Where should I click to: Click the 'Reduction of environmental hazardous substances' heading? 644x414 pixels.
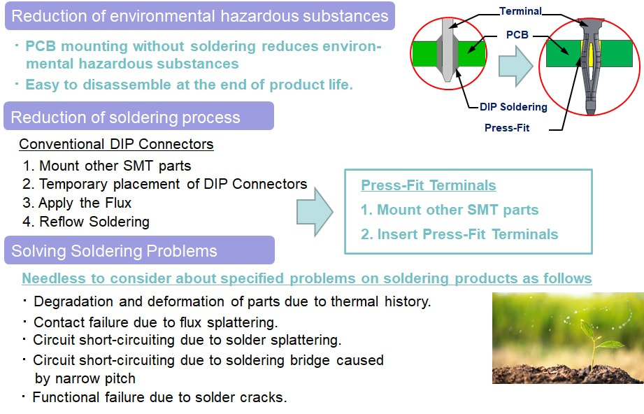point(199,16)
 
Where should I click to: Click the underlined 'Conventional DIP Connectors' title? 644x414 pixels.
point(116,144)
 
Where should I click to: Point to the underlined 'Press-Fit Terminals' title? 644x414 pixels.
point(429,185)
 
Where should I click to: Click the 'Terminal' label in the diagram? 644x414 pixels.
point(520,11)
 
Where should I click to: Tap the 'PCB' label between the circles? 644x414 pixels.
point(517,34)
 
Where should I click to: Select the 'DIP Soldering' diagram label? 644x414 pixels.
point(513,107)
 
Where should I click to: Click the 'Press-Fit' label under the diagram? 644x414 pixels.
point(507,128)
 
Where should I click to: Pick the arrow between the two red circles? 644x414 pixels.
point(516,66)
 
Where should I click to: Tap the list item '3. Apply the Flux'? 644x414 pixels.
point(77,203)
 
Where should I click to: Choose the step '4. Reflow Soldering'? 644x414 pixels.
point(86,222)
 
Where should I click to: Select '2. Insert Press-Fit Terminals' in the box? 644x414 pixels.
point(459,234)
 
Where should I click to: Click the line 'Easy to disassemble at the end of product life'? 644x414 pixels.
point(189,85)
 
